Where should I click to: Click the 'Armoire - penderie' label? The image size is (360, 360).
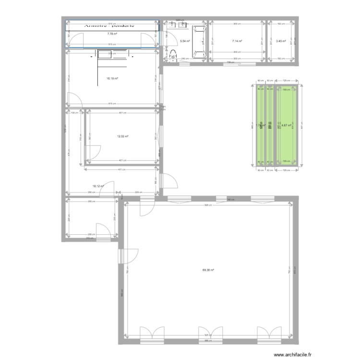pos(109,25)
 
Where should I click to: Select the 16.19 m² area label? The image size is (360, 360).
pos(112,78)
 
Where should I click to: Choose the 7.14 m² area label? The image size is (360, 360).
pos(237,41)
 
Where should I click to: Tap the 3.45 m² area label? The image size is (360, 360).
pos(281,41)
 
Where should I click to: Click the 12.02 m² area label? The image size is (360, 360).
pos(123,136)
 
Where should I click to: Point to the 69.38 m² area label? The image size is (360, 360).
pos(208,270)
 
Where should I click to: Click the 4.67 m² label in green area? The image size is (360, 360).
pos(287,126)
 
